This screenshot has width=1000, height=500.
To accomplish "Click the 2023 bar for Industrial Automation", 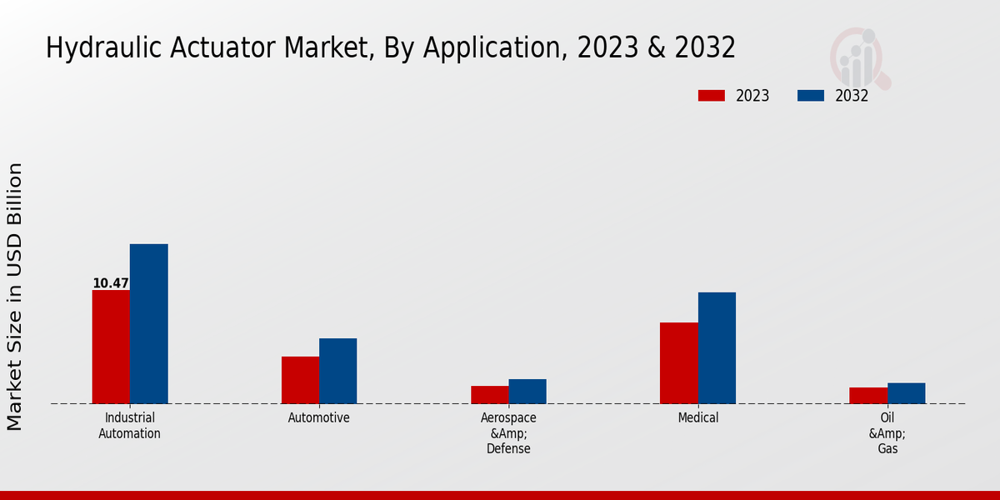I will [111, 347].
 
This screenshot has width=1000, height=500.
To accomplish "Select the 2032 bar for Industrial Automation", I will [148, 324].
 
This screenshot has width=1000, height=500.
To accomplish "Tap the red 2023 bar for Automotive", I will [300, 380].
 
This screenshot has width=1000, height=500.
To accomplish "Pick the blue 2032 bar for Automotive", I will [337, 371].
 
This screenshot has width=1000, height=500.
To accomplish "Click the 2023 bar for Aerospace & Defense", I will [489, 395].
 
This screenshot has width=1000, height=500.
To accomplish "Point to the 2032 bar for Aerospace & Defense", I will [527, 392].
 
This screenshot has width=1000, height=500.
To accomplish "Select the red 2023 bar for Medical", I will [679, 363].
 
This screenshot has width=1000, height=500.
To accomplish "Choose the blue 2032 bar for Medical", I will [717, 348].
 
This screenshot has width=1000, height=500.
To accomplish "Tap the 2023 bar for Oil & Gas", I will [868, 396].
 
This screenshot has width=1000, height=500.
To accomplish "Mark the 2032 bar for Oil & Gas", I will [906, 393].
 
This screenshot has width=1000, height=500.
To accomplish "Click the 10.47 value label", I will [111, 283].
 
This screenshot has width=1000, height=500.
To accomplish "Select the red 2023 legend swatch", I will [712, 96].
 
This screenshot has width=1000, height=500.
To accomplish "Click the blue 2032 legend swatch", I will [811, 96].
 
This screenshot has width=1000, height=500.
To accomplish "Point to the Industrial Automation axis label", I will [129, 426].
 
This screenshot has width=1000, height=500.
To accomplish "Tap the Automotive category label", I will [319, 418].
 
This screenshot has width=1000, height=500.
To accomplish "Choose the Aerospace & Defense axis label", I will [508, 433].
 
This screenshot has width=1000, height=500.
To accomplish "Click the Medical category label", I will [698, 418].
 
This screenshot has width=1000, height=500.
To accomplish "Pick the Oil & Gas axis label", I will [887, 433].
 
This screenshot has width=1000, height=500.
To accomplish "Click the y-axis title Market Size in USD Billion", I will [15, 297].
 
